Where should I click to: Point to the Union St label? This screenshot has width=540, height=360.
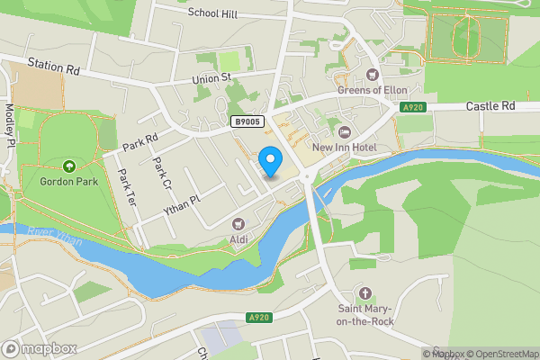point(212,78)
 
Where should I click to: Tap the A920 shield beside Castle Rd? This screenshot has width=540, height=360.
point(413,107)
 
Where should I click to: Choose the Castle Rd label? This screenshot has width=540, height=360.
point(490,106)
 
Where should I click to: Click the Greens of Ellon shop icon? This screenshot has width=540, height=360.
point(373,75)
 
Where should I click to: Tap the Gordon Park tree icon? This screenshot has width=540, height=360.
point(69,166)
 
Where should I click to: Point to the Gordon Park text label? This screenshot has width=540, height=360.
point(69,180)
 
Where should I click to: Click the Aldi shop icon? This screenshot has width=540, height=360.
point(238,223)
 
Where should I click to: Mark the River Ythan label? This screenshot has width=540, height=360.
point(54,237)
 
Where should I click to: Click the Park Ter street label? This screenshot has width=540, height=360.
point(125,184)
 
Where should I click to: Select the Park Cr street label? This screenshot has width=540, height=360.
point(161,173)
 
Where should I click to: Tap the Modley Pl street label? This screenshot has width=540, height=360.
point(9,126)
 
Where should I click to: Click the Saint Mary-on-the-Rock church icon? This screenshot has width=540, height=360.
point(364,293)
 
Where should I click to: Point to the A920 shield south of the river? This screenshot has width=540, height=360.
point(258,318)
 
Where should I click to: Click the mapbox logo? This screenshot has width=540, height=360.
point(40,348)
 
